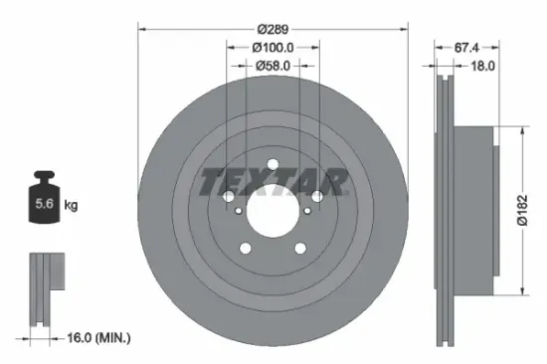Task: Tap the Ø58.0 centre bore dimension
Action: click(273, 66)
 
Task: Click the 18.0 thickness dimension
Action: click(483, 66)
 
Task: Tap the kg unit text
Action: click(72, 205)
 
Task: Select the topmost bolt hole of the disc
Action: click(273, 164)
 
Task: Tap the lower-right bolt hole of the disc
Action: click(301, 248)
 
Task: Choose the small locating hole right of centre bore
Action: click(308, 210)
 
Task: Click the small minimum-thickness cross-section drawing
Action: click(45, 287)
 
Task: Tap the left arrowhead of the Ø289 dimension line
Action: click(140, 29)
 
